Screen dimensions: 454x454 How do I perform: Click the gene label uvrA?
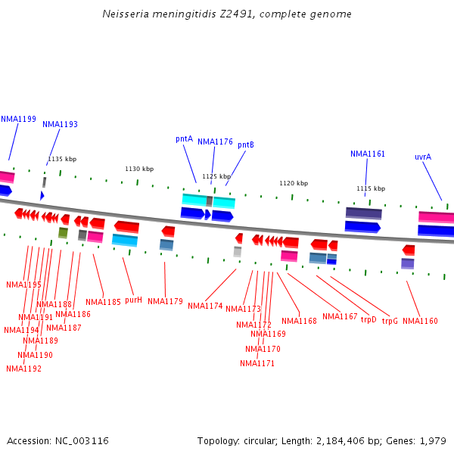(423, 157)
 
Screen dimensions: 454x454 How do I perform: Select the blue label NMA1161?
(368, 154)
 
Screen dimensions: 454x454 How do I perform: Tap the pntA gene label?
(185, 139)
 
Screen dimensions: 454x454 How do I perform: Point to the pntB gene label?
(246, 145)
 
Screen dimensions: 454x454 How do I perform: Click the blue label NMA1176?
(215, 142)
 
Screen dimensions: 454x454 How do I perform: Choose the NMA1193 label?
(60, 125)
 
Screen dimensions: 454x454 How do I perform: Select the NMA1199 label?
(18, 120)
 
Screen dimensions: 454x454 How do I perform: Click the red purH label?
(133, 300)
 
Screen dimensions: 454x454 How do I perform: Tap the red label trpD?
(368, 320)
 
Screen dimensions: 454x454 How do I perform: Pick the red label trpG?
(390, 322)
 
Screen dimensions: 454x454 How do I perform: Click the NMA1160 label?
(420, 322)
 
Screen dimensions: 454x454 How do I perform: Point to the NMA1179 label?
(165, 302)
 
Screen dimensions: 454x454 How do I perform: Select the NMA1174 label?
(205, 306)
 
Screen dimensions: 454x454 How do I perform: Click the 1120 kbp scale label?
(294, 184)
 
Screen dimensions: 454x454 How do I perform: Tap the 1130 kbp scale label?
(139, 169)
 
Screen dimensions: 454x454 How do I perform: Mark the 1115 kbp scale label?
(371, 189)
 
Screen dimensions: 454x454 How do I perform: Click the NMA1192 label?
(23, 369)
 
